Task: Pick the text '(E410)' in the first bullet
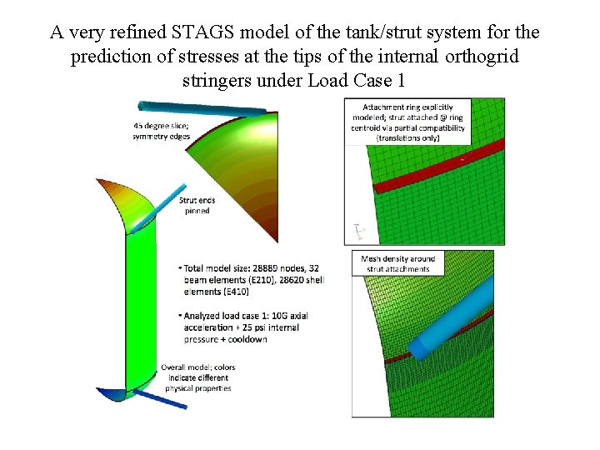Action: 216,292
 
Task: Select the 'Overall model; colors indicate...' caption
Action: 198,377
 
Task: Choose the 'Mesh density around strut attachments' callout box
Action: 397,263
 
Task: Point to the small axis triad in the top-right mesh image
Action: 359,230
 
